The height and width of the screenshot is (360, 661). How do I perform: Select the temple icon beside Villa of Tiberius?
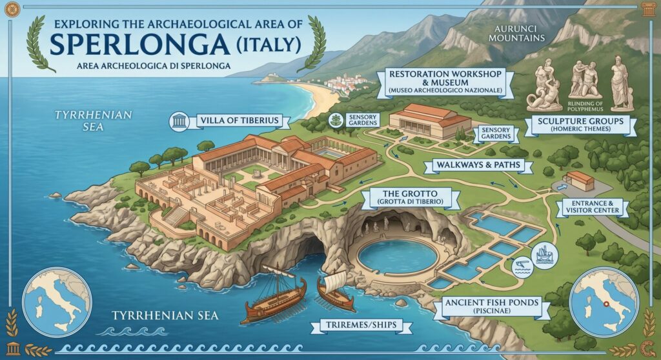click(179, 121)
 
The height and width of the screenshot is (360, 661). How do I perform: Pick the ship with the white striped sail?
click(336, 290)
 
